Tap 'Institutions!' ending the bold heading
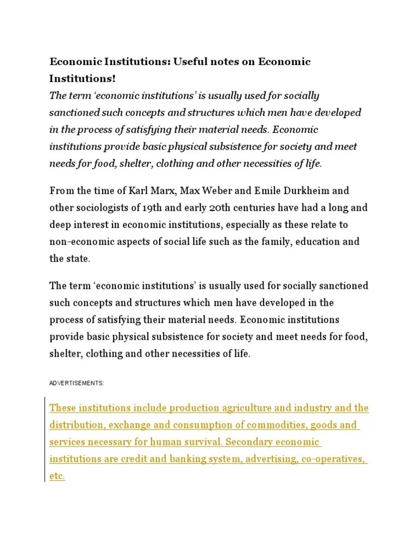[83, 79]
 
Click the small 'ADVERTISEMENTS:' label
[76, 383]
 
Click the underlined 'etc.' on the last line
[57, 476]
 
